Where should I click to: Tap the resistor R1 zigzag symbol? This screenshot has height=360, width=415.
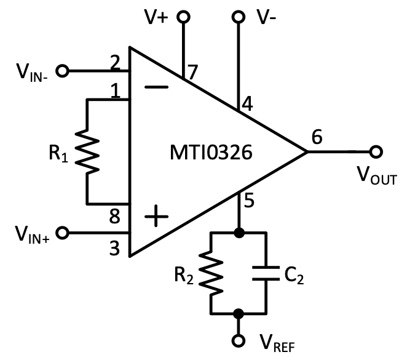(x=87, y=151)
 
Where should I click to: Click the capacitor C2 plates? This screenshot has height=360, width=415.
(x=267, y=274)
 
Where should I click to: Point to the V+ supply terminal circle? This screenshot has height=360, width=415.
(x=183, y=17)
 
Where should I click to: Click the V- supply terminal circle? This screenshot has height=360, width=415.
(x=239, y=17)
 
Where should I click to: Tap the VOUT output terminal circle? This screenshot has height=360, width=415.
(x=376, y=152)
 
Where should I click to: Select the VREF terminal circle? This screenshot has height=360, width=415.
(x=239, y=341)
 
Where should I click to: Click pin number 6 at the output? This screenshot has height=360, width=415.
(x=317, y=137)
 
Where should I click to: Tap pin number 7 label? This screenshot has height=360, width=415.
(x=193, y=72)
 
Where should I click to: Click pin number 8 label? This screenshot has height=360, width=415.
(x=115, y=217)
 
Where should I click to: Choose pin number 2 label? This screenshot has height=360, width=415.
(x=115, y=62)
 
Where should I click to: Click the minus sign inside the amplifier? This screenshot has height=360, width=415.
(x=157, y=87)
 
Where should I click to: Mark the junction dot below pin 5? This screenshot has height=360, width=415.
(x=239, y=233)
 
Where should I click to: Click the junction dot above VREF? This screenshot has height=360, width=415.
(x=239, y=314)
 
